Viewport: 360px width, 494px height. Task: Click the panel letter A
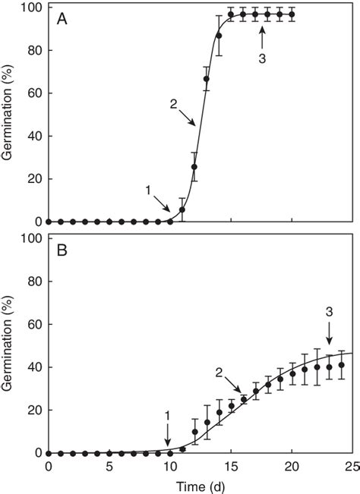(62, 20)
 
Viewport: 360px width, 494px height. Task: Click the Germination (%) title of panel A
(11, 116)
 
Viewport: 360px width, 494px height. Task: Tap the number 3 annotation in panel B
(328, 310)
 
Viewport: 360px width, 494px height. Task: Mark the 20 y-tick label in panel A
(33, 179)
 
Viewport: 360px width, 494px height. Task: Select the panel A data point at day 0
(49, 222)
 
